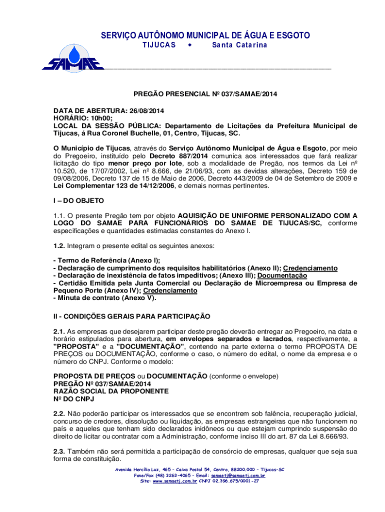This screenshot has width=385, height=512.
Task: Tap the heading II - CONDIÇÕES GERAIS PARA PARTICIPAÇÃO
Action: [132, 316]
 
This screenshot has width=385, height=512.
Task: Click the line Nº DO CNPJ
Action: [73, 398]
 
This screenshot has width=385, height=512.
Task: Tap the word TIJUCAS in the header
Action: [157, 45]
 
